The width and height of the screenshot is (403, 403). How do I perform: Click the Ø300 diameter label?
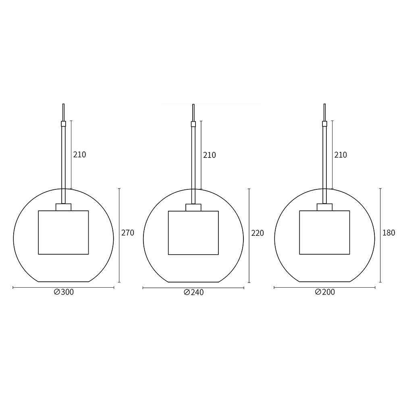[64, 293]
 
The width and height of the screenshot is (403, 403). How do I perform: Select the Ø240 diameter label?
[193, 293]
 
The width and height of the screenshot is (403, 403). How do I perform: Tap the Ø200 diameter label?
[325, 293]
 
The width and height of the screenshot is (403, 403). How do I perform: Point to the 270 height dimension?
[127, 233]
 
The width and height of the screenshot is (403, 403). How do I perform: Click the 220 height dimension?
[257, 233]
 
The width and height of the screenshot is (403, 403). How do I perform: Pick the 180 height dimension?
[388, 233]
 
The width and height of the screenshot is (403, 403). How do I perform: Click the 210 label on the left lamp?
[79, 155]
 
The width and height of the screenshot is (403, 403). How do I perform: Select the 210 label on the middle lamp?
[209, 155]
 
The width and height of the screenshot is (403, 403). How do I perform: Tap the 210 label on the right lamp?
[340, 155]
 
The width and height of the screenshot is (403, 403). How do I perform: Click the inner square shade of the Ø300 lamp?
[63, 233]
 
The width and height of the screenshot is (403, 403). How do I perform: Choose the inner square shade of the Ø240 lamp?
[193, 233]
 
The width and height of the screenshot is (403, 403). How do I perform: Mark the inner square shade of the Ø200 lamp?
[324, 233]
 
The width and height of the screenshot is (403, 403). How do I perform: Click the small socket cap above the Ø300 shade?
[63, 207]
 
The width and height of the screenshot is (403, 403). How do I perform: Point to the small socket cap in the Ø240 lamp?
[193, 208]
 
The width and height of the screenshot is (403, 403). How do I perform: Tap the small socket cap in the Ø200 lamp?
[324, 207]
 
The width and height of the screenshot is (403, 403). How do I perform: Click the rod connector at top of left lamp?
[63, 124]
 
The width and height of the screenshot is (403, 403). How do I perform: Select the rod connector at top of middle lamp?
[193, 124]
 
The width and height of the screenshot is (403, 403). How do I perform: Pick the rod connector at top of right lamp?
[324, 124]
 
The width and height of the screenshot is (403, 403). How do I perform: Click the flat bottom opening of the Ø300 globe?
[63, 281]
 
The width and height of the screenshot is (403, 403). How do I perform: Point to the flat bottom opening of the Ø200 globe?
[324, 281]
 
